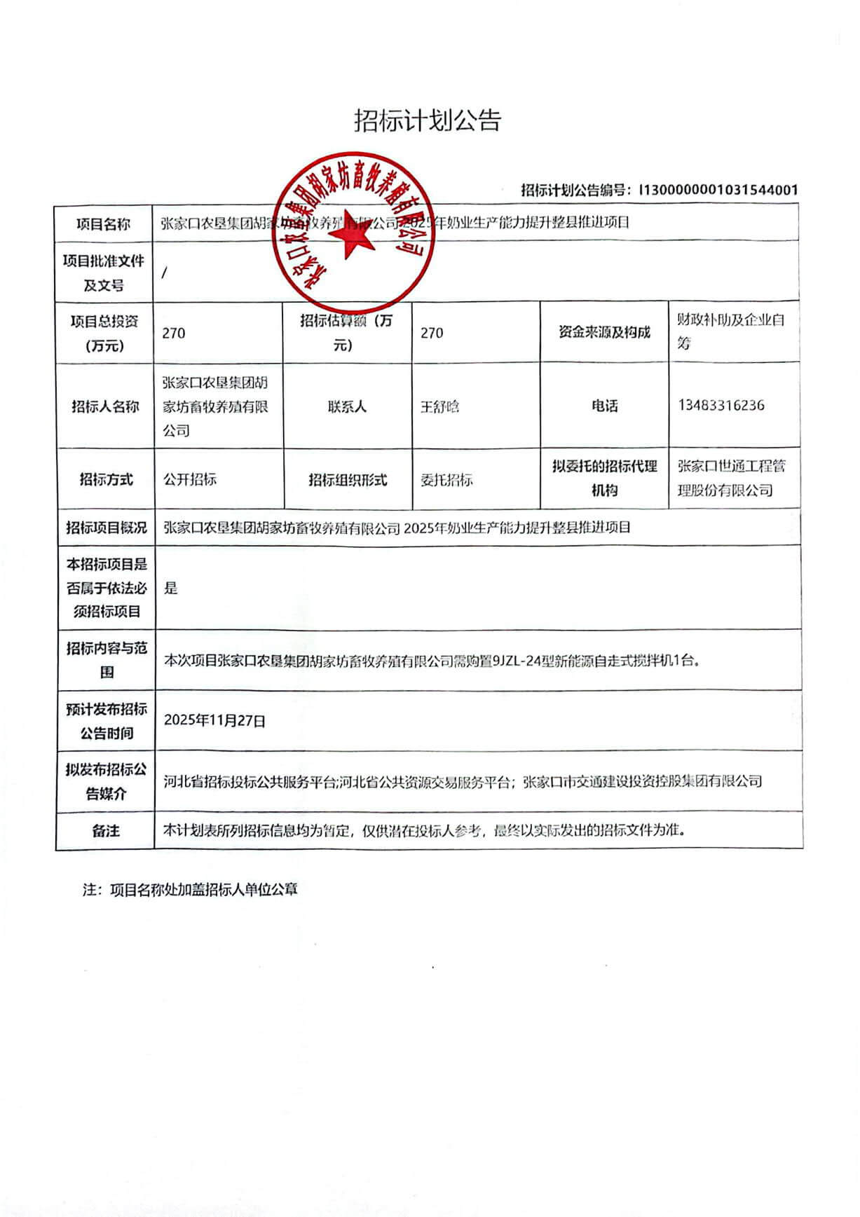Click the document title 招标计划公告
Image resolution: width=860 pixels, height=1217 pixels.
tap(428, 121)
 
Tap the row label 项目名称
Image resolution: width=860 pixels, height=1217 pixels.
tap(104, 224)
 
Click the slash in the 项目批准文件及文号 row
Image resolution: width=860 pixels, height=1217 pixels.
tap(164, 273)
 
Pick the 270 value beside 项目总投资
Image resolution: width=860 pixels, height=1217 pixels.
tap(174, 334)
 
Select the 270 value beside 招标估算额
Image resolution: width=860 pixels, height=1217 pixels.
tap(432, 334)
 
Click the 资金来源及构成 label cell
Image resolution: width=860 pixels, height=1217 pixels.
tap(604, 333)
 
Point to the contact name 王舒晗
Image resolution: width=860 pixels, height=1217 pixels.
tap(439, 406)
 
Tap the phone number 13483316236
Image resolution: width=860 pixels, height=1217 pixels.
tap(721, 406)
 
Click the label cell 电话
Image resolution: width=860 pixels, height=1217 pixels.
tap(604, 406)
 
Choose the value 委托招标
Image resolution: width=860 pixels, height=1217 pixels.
tap(446, 480)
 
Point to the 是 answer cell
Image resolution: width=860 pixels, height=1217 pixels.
tap(171, 589)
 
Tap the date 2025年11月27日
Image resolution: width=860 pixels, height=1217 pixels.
tap(214, 721)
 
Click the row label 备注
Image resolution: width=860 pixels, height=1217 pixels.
tap(105, 831)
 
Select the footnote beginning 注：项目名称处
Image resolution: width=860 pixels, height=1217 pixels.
tap(190, 890)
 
